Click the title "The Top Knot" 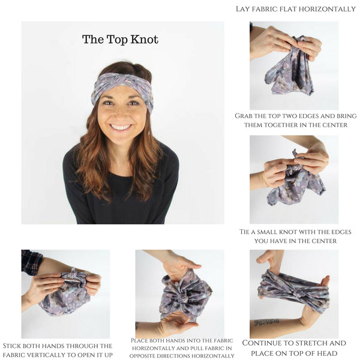coord(120,40)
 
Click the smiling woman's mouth coord(121,127)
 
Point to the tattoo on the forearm coord(266,322)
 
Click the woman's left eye coord(133,102)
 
